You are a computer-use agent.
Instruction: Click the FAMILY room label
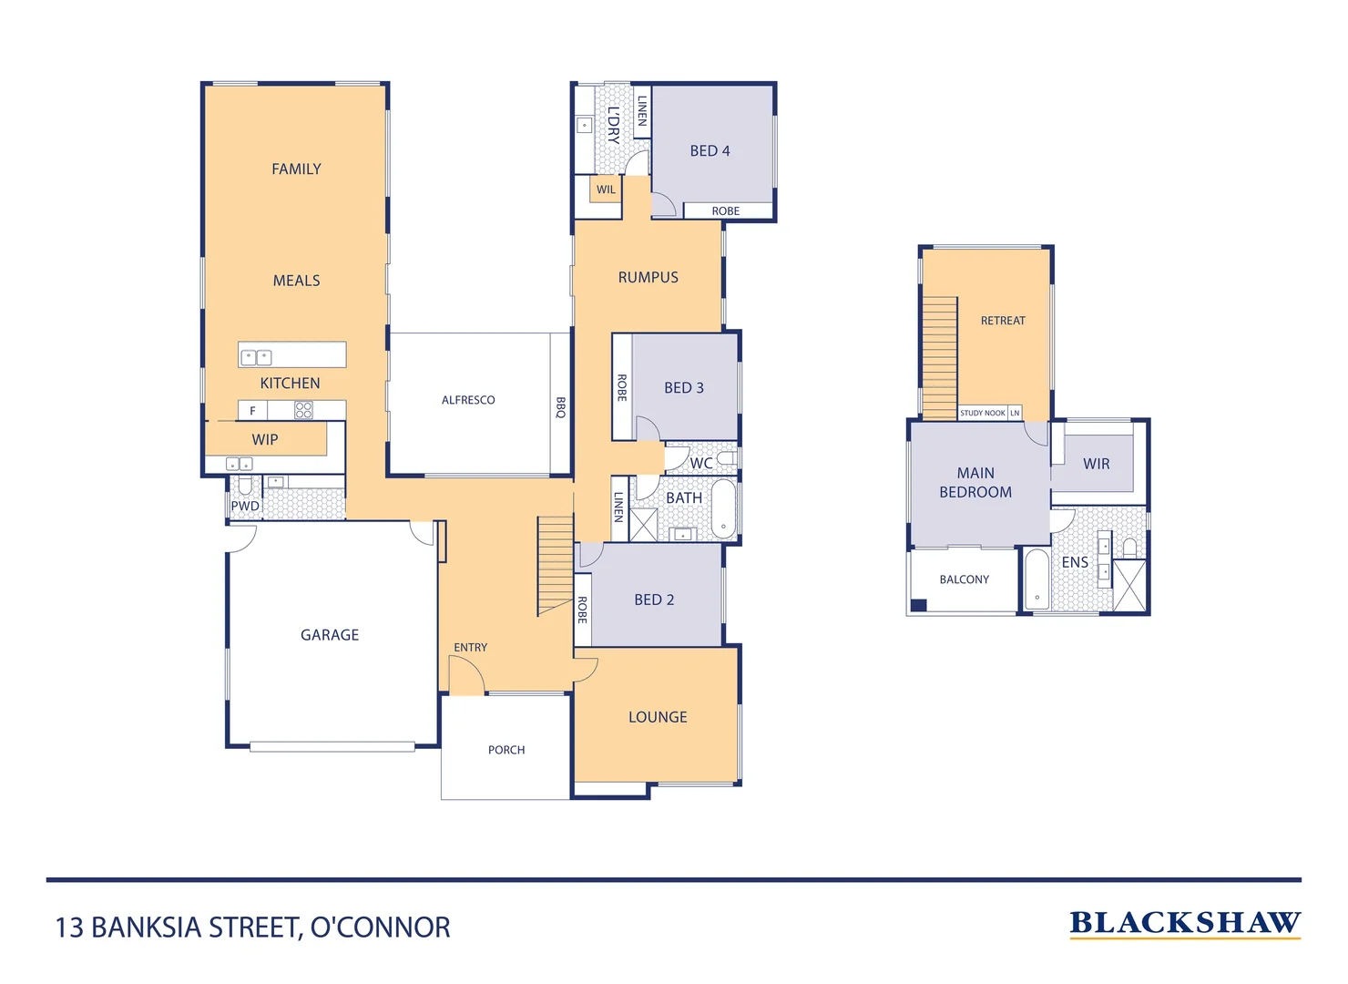click(x=296, y=169)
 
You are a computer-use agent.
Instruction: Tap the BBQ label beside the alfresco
click(x=560, y=407)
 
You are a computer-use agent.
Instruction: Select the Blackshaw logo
click(x=1185, y=925)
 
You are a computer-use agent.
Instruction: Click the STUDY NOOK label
click(x=982, y=413)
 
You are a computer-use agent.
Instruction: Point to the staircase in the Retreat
click(x=939, y=358)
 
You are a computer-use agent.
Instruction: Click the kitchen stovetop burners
click(x=303, y=410)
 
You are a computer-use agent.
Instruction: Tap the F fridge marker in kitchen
click(x=253, y=411)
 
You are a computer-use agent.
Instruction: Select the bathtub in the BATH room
click(x=723, y=509)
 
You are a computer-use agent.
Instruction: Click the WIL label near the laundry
click(x=606, y=190)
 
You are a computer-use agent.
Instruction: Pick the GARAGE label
click(x=330, y=635)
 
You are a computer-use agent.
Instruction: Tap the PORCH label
click(x=506, y=750)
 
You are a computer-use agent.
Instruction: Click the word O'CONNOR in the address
click(x=381, y=928)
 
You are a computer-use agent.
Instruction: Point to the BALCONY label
click(x=964, y=579)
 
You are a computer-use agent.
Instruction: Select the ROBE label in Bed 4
click(x=726, y=211)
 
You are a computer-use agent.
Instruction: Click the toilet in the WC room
click(x=727, y=458)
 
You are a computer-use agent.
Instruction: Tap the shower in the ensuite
click(x=1129, y=586)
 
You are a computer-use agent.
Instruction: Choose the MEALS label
click(x=296, y=281)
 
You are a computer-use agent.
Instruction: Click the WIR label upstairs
click(x=1096, y=464)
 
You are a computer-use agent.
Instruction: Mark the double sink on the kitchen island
click(x=256, y=357)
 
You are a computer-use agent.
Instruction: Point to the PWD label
click(x=245, y=507)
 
